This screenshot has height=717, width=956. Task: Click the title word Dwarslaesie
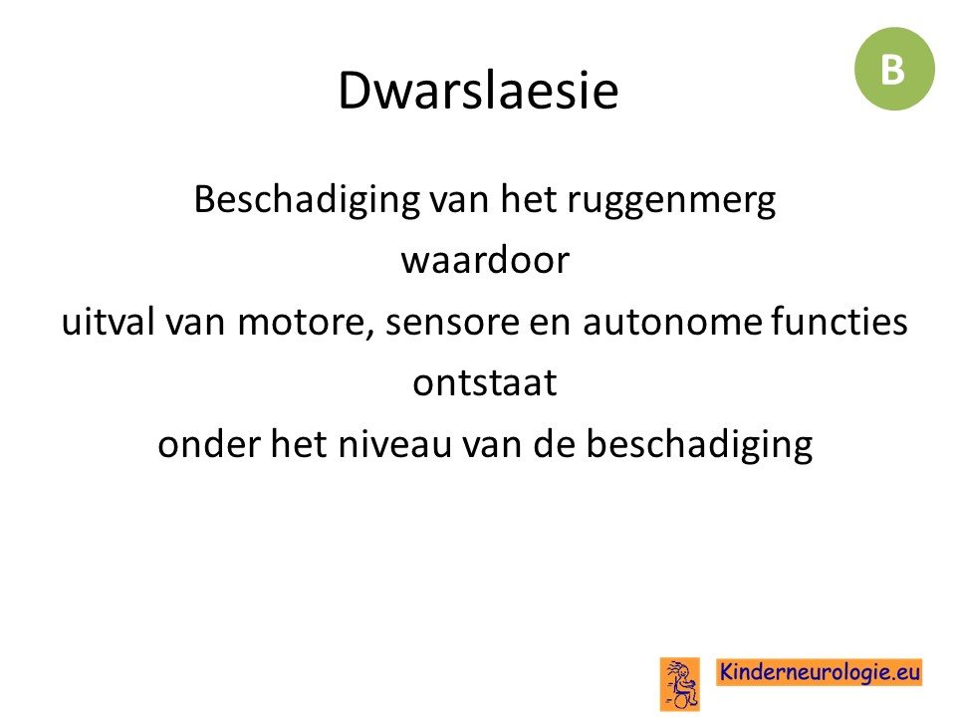[x=478, y=91]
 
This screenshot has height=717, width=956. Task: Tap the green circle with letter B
[x=894, y=69]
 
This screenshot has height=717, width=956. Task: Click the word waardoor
[x=485, y=260]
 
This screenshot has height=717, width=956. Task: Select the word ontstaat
[x=485, y=382]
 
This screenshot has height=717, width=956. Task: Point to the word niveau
[x=394, y=443]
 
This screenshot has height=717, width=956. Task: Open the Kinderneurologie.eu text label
[x=819, y=672]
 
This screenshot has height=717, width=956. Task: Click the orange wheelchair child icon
[x=680, y=684]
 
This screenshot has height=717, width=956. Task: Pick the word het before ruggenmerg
[x=528, y=199]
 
